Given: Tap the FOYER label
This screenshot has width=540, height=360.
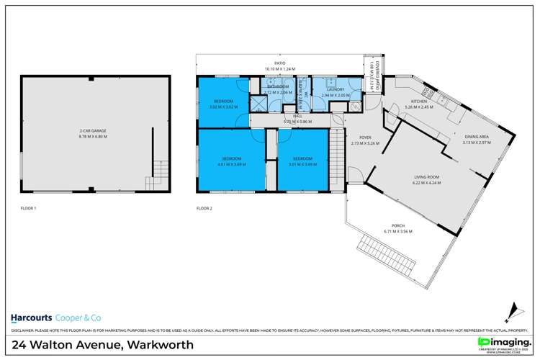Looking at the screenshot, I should click(365, 137).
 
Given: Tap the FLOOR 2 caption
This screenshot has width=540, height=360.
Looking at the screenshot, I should click(204, 208).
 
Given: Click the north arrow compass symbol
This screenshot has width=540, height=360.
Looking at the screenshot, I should click(512, 311).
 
